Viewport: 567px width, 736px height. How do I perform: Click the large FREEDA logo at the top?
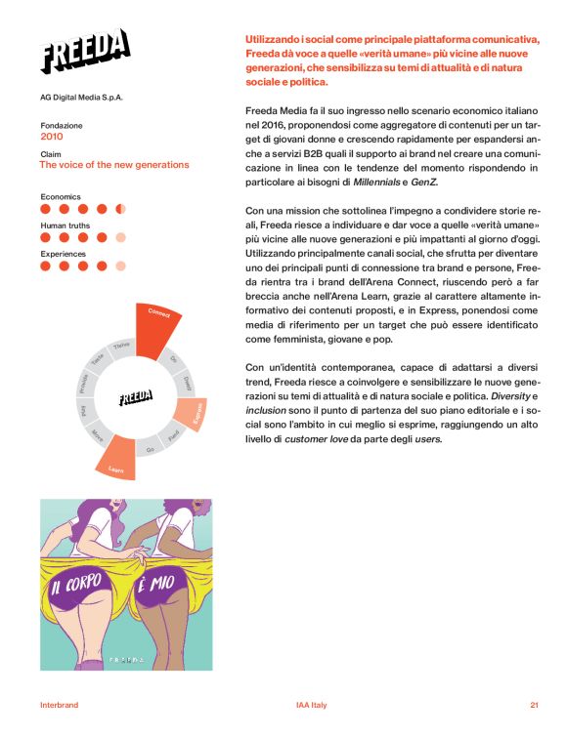coord(85,51)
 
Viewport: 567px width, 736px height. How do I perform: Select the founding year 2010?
coord(52,137)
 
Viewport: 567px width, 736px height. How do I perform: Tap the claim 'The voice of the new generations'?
coord(114,165)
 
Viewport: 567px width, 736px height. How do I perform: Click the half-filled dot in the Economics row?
coord(120,209)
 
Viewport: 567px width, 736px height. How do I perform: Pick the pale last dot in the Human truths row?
coord(120,237)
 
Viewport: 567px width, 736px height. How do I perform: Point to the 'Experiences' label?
coord(64,254)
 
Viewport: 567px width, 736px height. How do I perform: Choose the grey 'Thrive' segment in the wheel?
coord(121,347)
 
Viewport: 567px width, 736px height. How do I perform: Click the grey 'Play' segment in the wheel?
coord(85,411)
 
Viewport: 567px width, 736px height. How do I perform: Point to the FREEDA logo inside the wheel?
coord(135,397)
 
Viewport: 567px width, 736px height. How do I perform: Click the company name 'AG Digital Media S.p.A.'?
coord(82,98)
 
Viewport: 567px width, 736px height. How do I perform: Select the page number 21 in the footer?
coord(534,705)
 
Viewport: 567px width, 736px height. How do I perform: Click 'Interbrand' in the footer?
coord(59,705)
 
